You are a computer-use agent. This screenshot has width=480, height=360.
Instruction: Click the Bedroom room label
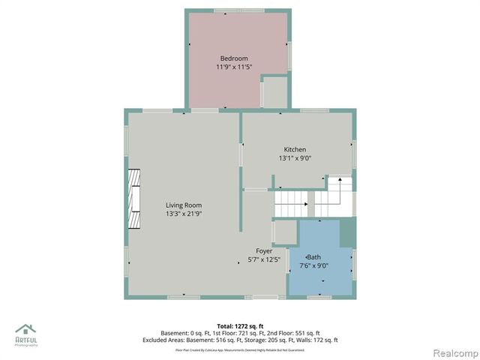[233, 58]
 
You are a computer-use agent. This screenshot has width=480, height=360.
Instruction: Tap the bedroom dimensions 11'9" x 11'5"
[234, 67]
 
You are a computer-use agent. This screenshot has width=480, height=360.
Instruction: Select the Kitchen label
[294, 150]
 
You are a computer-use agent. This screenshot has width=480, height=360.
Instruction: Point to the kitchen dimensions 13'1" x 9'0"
[294, 158]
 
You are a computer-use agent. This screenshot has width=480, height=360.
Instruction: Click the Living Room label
[184, 205]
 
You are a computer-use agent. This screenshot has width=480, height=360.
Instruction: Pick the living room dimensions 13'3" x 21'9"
[184, 214]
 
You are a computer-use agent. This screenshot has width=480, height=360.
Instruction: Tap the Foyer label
[264, 251]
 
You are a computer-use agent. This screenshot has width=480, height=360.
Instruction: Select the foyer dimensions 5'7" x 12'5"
[264, 260]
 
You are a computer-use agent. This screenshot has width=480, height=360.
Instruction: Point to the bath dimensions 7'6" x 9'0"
[314, 265]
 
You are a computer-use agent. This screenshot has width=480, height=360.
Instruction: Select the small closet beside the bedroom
[274, 91]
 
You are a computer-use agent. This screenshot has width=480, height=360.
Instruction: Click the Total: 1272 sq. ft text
[240, 326]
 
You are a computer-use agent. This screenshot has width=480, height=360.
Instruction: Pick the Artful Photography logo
[27, 333]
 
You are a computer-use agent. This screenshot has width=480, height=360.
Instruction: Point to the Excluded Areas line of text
[240, 340]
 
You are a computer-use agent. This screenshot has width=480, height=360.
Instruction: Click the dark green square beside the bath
[346, 233]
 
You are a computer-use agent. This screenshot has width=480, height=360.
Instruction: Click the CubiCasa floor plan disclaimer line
[240, 349]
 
